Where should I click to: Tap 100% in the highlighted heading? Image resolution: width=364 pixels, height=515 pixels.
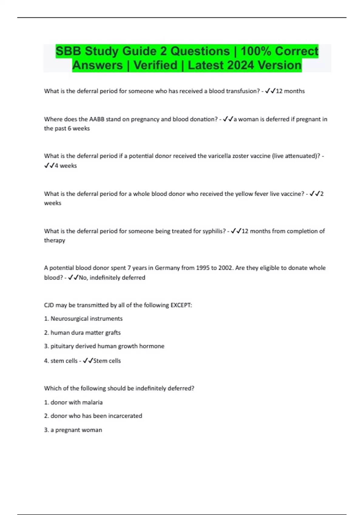pyautogui.click(x=256, y=51)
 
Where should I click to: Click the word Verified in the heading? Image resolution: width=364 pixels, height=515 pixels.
pyautogui.click(x=155, y=65)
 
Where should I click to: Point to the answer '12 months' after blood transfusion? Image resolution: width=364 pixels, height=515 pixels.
pyautogui.click(x=290, y=91)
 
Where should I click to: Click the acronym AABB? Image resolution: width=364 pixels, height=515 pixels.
pyautogui.click(x=96, y=119)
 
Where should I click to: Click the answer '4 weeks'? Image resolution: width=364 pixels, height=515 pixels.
pyautogui.click(x=66, y=166)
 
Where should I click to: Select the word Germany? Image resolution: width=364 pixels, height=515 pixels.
pyautogui.click(x=167, y=268)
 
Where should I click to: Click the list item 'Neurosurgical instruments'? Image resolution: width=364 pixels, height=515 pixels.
pyautogui.click(x=86, y=319)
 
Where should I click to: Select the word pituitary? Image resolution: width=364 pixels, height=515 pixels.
pyautogui.click(x=62, y=346)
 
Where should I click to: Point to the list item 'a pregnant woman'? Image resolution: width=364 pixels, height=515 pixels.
pyautogui.click(x=76, y=430)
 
